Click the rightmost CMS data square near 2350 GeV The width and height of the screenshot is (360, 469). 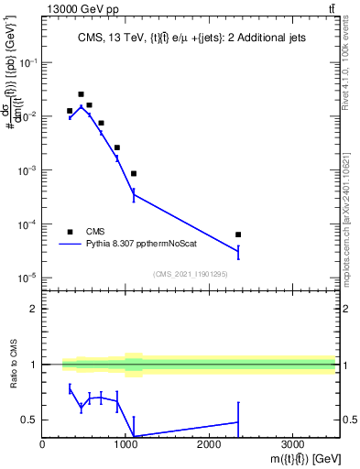tap(238, 234)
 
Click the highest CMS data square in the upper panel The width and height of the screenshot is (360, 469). tap(82, 94)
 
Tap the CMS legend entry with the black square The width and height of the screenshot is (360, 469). tap(82, 232)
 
